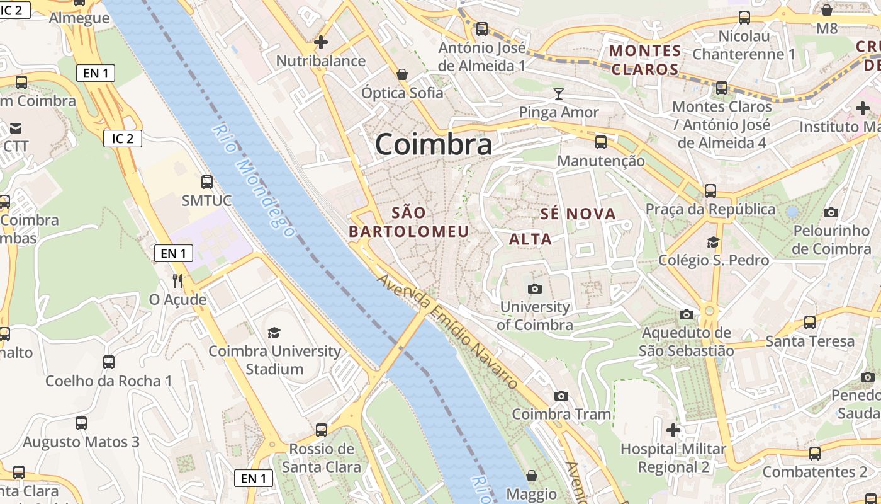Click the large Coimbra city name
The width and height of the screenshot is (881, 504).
pos(434,144)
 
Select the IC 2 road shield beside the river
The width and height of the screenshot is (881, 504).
pos(123,139)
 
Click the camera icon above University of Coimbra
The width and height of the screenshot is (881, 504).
pos(535,289)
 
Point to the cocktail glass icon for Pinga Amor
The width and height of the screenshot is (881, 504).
pos(558,94)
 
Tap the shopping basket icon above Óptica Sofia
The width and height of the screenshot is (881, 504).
pos(402,74)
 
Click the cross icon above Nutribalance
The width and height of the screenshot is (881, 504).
pos(321,42)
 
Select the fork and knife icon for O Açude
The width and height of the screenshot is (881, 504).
pos(177,280)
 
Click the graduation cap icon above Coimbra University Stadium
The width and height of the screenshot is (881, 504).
pos(274,333)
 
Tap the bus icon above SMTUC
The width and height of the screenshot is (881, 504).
pos(207,182)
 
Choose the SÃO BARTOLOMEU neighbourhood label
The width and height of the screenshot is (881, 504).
pos(409,222)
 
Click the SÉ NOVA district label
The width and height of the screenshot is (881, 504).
pos(578,214)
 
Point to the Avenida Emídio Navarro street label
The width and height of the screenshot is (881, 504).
pos(448,332)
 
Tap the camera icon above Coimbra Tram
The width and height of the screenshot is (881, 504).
pos(561,396)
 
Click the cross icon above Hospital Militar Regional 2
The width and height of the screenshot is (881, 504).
pos(673,431)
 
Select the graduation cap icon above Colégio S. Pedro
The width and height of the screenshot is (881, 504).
pos(713,242)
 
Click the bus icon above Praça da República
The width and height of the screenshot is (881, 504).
pos(710,190)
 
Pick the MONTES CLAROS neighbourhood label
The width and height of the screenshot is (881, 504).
pos(646,60)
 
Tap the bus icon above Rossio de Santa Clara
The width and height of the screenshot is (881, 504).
pos(322,430)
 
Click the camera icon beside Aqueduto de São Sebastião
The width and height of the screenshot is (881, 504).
pos(687,314)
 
